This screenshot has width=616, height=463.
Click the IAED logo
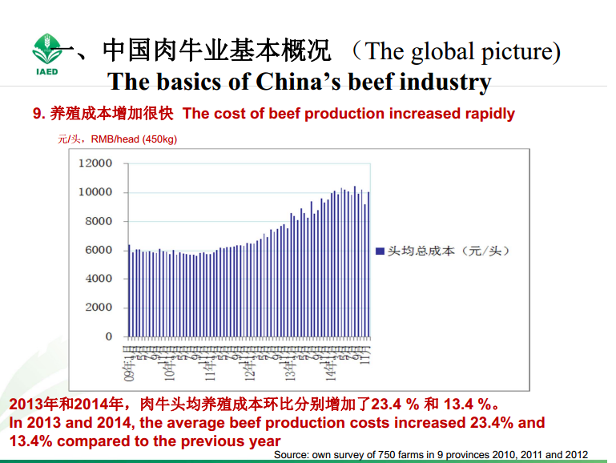coord(46,54)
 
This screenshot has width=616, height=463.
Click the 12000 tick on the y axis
coord(96,163)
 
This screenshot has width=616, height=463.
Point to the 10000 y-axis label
coord(96,192)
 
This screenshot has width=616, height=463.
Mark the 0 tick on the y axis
coord(109,336)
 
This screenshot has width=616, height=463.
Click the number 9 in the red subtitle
coord(37,114)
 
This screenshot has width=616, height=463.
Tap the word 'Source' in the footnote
coord(292,454)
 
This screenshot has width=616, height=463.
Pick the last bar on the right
coord(368,264)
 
